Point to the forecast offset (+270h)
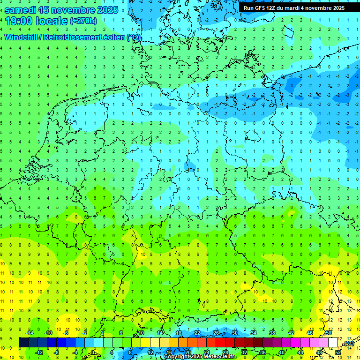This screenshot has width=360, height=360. pos(83,21)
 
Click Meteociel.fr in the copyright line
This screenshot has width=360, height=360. pos(217,357)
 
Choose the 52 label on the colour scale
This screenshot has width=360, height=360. pos(338,352)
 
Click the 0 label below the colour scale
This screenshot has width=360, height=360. pos(93,352)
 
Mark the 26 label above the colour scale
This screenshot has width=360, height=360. pos(216,333)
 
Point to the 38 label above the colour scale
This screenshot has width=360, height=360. pos(272,333)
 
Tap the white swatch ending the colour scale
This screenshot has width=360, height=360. pos(333,343)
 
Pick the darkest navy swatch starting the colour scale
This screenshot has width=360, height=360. pos(23,343)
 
